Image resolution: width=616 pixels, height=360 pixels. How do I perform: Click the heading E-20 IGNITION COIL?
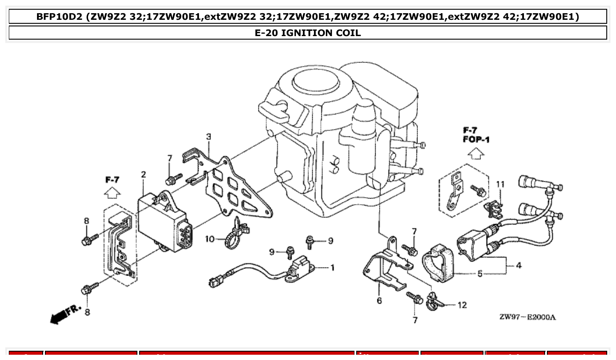[308, 33]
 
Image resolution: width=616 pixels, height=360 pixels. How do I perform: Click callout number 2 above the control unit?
[144, 175]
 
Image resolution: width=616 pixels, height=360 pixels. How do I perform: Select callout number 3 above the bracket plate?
[209, 137]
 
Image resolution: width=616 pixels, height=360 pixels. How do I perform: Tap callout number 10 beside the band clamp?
[210, 239]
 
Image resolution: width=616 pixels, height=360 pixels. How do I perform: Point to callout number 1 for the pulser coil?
[332, 267]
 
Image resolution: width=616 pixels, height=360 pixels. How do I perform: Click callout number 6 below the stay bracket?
[379, 301]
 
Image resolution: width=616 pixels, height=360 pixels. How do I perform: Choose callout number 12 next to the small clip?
[462, 305]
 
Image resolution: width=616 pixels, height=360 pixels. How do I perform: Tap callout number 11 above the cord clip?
[500, 184]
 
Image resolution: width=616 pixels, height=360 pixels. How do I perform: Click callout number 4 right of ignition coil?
[519, 265]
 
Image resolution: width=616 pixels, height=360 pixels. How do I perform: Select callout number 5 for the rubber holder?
[480, 274]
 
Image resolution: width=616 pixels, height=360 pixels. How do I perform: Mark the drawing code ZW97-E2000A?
[527, 317]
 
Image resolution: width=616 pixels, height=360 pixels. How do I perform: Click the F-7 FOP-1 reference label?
[476, 135]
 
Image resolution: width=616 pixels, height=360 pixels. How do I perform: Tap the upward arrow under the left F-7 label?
[112, 193]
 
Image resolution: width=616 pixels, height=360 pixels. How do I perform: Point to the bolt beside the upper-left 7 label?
[173, 180]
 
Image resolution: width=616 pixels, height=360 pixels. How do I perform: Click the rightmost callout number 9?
[330, 241]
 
